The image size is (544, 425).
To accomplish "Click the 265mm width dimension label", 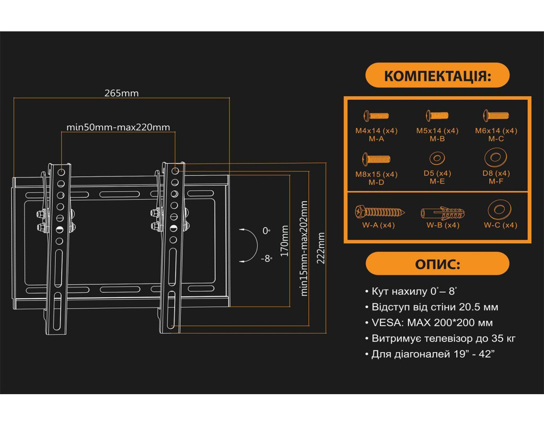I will click(x=121, y=93).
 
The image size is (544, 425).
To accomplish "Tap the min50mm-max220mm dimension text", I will click(x=118, y=127).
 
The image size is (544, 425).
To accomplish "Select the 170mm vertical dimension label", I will click(x=285, y=241).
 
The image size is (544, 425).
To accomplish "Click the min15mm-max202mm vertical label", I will click(x=304, y=248).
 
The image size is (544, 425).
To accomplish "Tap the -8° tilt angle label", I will click(x=266, y=259).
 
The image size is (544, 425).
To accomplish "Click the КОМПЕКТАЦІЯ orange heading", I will click(x=437, y=75).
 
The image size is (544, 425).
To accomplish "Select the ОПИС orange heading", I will click(x=437, y=264).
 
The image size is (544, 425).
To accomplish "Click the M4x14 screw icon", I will click(x=376, y=115).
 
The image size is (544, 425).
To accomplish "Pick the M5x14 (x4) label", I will click(x=437, y=131).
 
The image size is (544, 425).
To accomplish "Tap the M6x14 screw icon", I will click(x=496, y=115).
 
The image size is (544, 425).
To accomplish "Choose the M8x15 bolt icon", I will click(x=376, y=158).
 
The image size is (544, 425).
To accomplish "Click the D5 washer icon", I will click(x=437, y=158).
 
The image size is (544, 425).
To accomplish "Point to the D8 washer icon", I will click(x=496, y=157).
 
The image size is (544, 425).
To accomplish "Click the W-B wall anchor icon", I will click(x=443, y=214).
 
